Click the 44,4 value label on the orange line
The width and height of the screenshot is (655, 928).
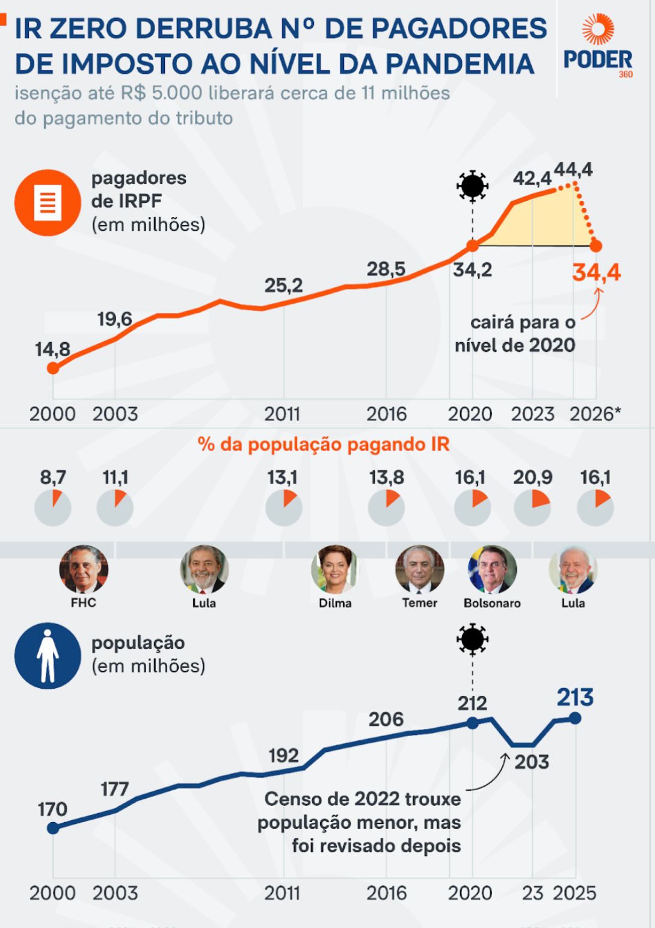click(x=573, y=170)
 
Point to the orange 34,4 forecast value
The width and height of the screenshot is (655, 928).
click(x=596, y=272)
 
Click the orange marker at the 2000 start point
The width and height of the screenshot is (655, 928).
click(x=53, y=367)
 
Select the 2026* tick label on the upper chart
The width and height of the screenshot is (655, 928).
click(x=595, y=414)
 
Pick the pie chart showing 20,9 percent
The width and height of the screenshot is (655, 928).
click(x=532, y=508)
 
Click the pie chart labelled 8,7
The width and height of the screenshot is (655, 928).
click(x=53, y=508)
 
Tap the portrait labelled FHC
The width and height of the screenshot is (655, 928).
click(x=84, y=569)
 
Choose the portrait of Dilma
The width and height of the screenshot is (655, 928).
click(x=334, y=569)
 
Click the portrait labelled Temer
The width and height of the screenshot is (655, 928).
click(x=419, y=569)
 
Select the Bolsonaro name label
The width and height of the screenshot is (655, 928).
click(x=492, y=603)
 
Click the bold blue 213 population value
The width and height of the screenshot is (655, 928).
click(x=574, y=697)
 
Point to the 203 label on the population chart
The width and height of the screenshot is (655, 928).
click(x=532, y=762)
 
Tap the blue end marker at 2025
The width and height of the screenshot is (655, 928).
click(x=575, y=718)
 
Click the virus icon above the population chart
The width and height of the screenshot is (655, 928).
click(x=472, y=639)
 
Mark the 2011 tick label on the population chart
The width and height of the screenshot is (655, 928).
click(x=283, y=893)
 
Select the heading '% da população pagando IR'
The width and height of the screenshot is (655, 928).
click(x=324, y=444)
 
